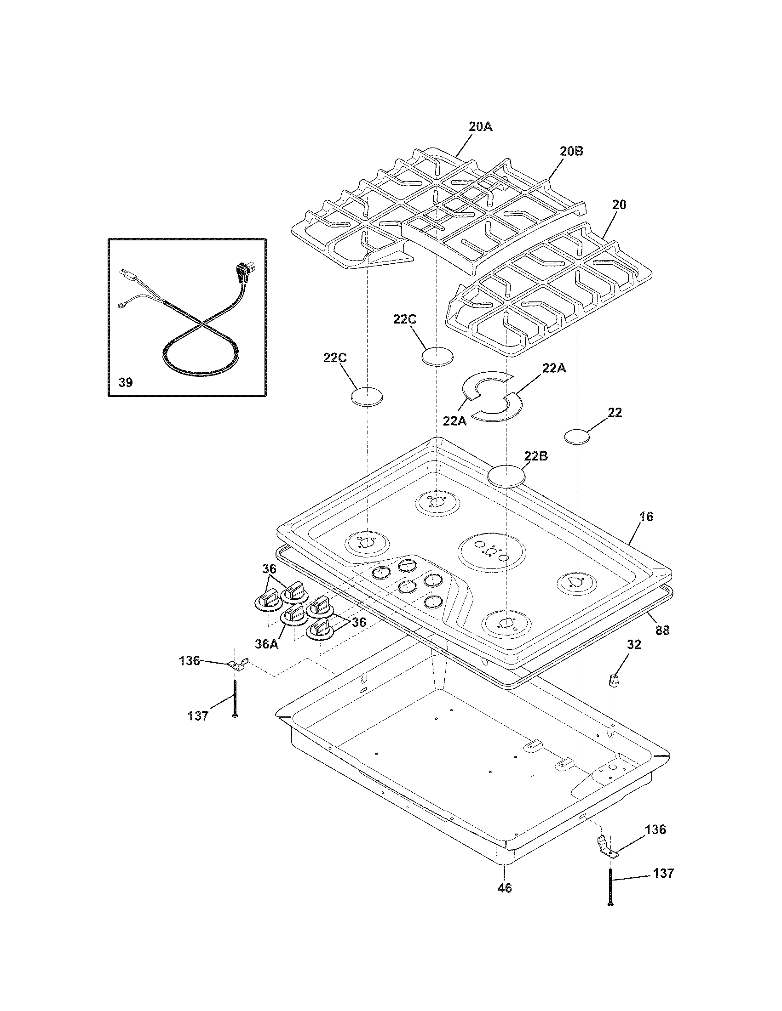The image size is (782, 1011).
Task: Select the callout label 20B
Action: (x=571, y=151)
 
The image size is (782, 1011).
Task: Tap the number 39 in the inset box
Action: (x=126, y=382)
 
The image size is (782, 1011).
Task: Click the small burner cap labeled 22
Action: (x=577, y=436)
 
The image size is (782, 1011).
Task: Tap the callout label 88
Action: (x=662, y=630)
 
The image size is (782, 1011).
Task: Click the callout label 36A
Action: (x=266, y=644)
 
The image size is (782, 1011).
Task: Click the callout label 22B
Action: (x=536, y=456)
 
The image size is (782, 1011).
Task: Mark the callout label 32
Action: (x=634, y=645)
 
